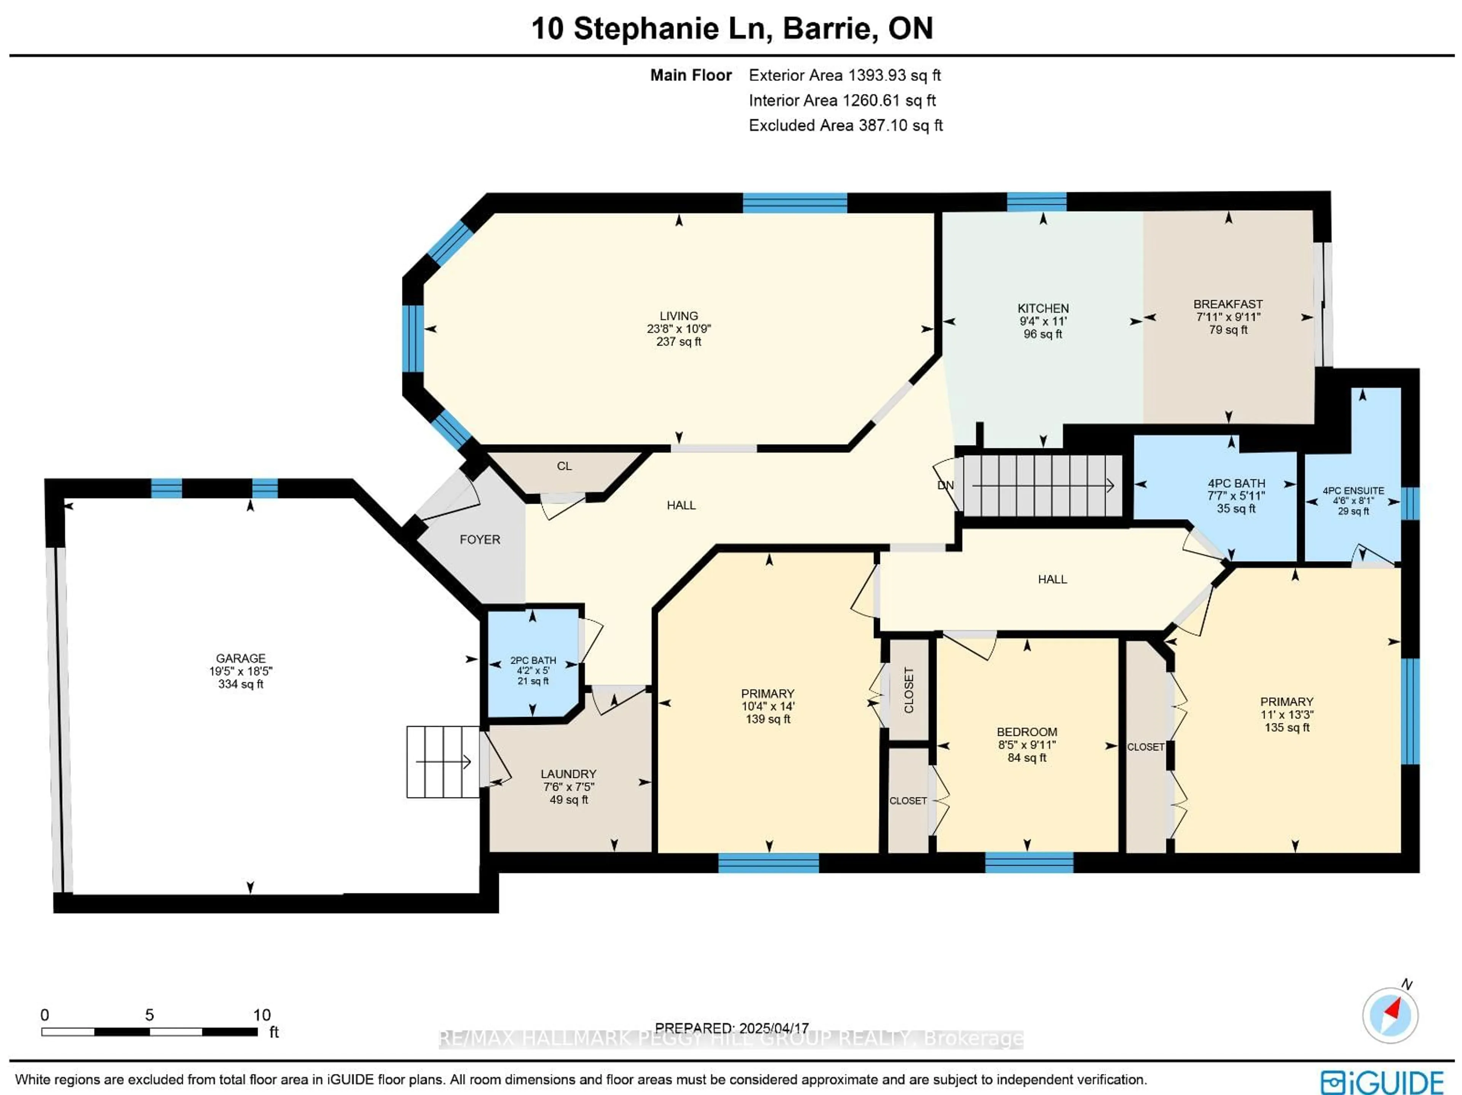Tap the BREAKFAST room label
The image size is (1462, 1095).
coord(1228,304)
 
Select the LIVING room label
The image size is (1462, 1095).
coord(679,316)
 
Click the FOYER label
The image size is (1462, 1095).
coord(480,540)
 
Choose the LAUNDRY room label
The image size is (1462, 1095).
coord(568,774)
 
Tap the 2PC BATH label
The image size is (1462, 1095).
coord(533,660)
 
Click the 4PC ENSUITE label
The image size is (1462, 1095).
coord(1353,491)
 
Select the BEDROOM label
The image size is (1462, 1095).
coord(1027,732)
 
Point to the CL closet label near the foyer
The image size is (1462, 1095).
coord(564,466)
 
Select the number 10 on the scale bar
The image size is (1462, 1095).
coord(262,1015)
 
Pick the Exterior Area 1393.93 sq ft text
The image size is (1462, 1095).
coord(845,75)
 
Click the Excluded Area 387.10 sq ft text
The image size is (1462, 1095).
coord(845,126)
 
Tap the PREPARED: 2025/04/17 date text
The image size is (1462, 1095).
coord(732,1028)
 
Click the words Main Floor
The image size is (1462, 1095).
coord(691,75)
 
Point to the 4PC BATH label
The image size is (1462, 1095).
coord(1236,483)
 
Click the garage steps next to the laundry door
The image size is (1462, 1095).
coord(443,762)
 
